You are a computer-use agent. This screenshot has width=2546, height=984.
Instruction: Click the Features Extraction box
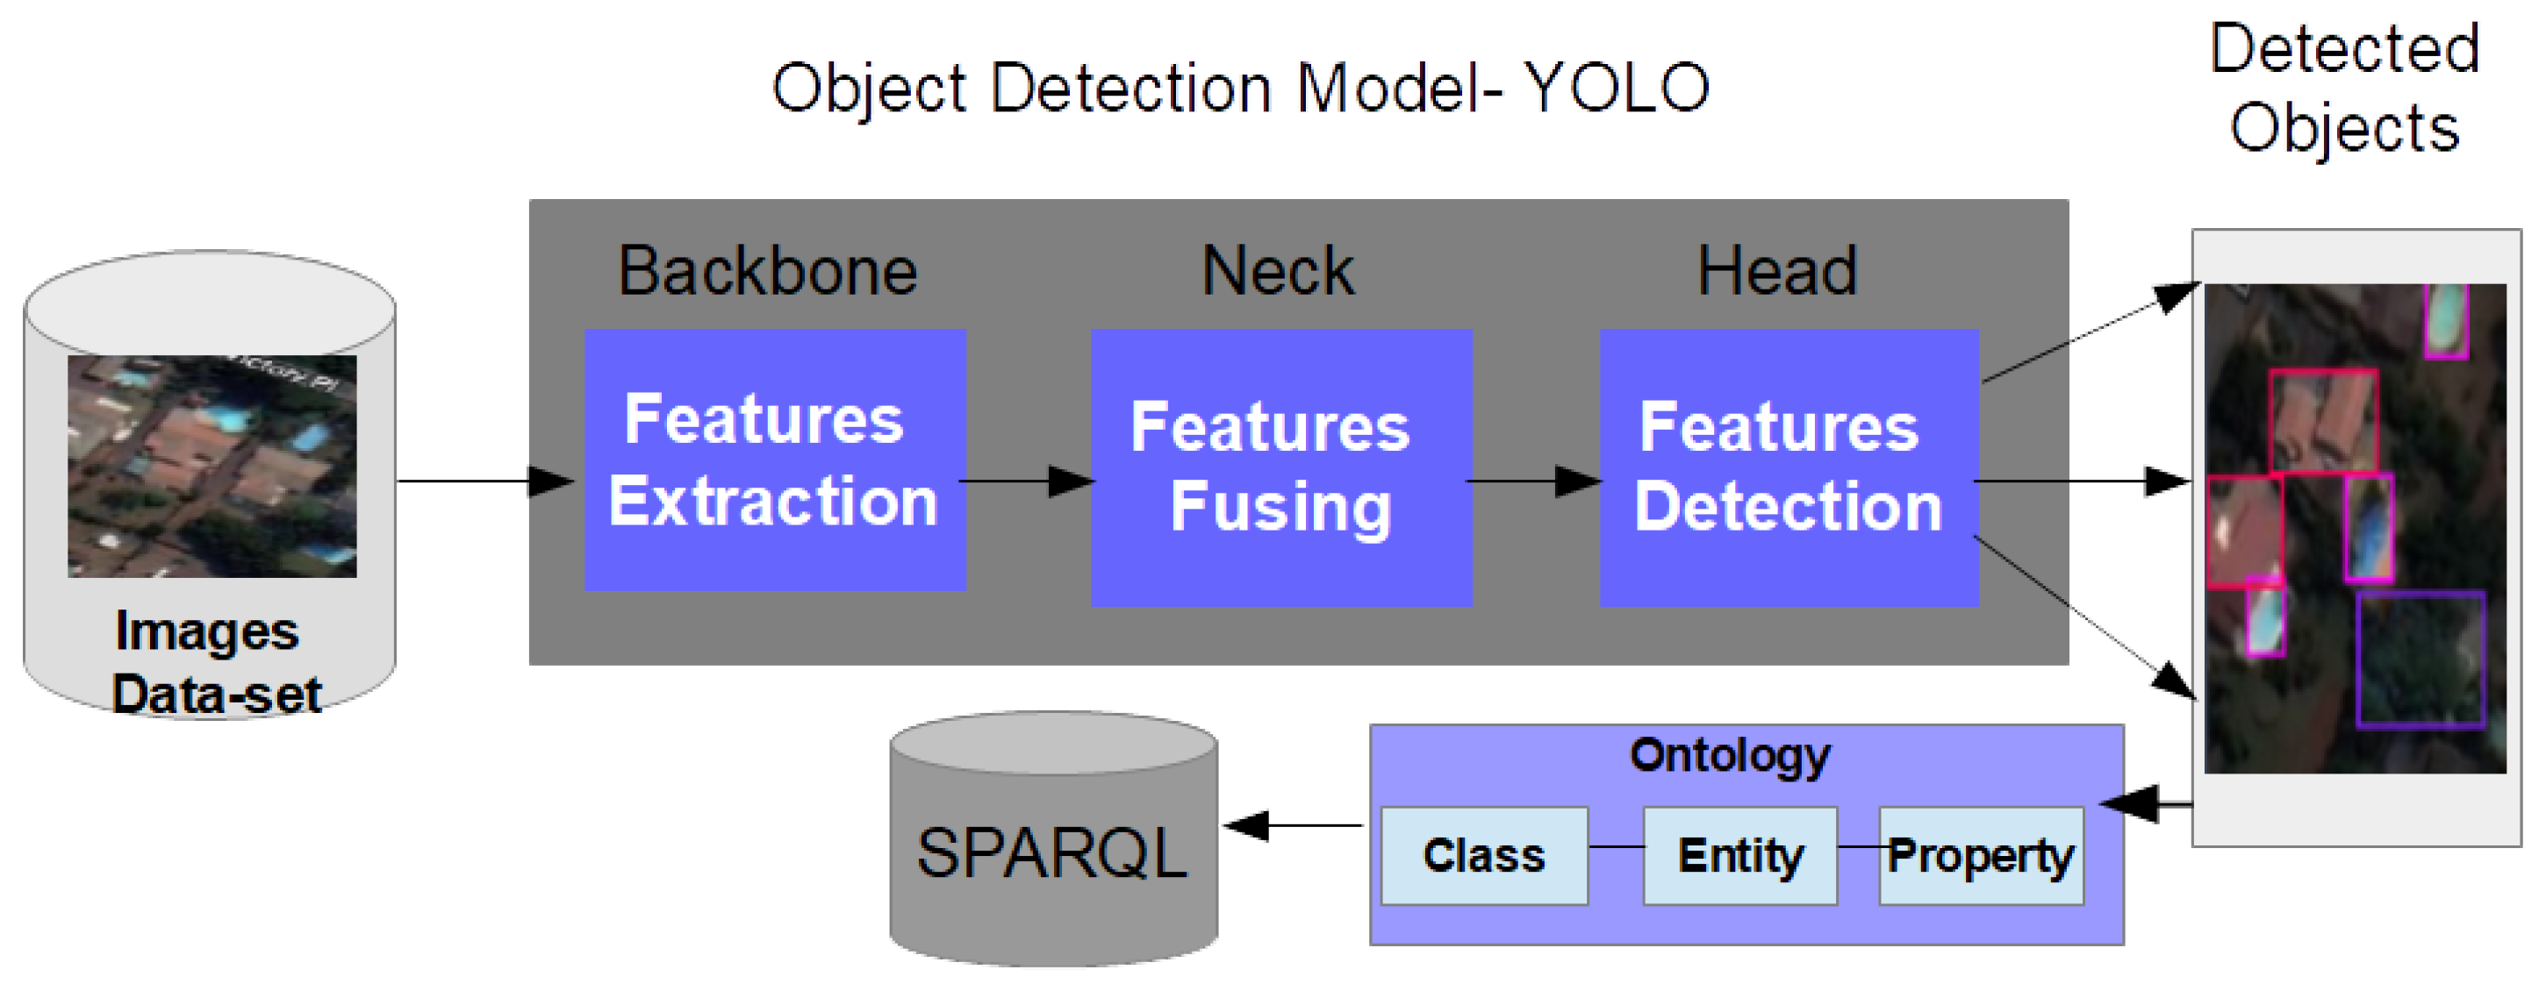tap(774, 460)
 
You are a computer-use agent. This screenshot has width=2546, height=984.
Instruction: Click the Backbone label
tap(767, 271)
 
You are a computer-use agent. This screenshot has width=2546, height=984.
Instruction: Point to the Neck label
tap(1277, 271)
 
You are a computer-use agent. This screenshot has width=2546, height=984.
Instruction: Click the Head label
tap(1776, 271)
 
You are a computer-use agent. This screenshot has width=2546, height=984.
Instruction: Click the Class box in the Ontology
tap(1483, 856)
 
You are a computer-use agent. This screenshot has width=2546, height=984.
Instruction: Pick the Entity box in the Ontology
tap(1739, 856)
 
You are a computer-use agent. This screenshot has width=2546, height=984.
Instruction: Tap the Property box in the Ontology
tap(1981, 856)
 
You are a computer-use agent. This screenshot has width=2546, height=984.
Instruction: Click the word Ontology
tap(1729, 756)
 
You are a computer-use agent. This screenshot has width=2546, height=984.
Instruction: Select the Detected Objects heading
tap(2343, 88)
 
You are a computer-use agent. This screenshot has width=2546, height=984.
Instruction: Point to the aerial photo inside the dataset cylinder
tap(212, 466)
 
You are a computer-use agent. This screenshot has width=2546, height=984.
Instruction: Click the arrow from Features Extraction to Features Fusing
tap(1028, 481)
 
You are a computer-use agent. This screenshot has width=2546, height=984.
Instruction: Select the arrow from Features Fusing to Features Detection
tap(1534, 481)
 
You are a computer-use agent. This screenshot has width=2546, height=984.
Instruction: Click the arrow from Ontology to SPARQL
tap(1295, 825)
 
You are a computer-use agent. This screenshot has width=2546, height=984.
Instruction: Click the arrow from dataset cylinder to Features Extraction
tap(484, 481)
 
